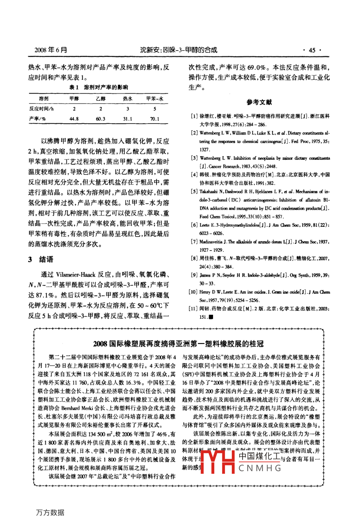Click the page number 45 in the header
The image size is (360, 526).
[x=312, y=50]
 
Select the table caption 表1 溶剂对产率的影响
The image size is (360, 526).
[x=99, y=87]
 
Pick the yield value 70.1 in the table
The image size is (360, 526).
[x=155, y=119]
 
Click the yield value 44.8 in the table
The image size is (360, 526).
[x=74, y=119]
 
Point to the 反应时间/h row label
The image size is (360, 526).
[x=41, y=108]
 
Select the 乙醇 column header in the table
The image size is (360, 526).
[x=101, y=98]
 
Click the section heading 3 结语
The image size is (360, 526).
[x=41, y=259]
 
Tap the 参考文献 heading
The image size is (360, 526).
[x=259, y=102]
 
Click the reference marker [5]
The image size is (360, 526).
[x=194, y=192]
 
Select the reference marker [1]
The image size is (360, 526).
[x=194, y=116]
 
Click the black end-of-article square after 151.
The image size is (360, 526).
[x=211, y=317]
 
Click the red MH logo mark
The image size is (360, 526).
[x=218, y=461]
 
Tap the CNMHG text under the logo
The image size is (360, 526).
[x=260, y=468]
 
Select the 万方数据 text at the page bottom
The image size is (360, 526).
[x=50, y=512]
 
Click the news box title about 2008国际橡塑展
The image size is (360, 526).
[x=178, y=343]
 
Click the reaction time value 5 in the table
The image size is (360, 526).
[x=155, y=108]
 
